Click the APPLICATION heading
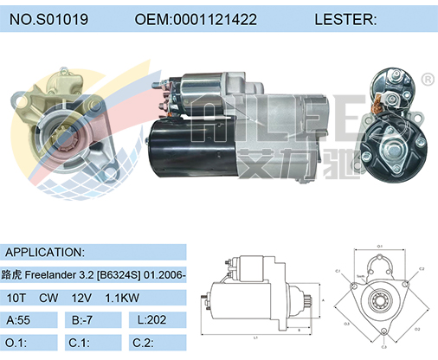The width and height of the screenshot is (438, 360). point(45,252)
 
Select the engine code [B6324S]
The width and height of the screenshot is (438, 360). point(122,275)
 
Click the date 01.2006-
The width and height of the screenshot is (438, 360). point(166,275)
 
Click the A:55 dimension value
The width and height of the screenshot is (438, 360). point(19,321)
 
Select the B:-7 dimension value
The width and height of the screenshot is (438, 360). point(84,321)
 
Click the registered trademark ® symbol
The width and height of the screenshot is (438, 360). point(428,80)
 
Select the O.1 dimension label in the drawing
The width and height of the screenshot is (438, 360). point(381,246)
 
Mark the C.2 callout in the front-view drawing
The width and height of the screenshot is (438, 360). point(421,269)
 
